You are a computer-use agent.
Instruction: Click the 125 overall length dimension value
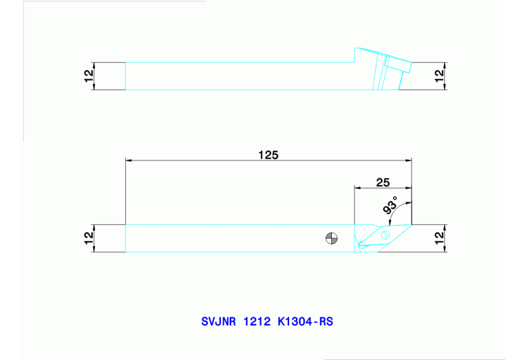(268, 155)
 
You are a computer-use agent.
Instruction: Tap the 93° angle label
(390, 209)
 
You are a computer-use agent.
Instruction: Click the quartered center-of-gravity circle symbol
(332, 239)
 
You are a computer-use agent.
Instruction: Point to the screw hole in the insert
(385, 235)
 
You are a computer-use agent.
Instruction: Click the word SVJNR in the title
(218, 321)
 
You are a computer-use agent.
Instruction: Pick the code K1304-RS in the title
(305, 321)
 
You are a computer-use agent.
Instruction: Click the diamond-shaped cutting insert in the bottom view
(375, 237)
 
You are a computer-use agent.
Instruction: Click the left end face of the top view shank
(125, 76)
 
